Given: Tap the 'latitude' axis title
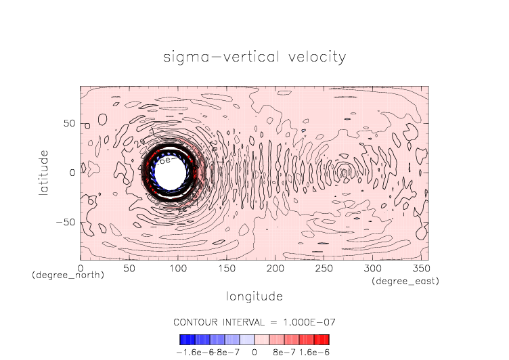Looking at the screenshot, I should (43, 173).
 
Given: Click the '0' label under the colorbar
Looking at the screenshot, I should (254, 352).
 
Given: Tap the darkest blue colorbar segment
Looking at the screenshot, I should (183, 339).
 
